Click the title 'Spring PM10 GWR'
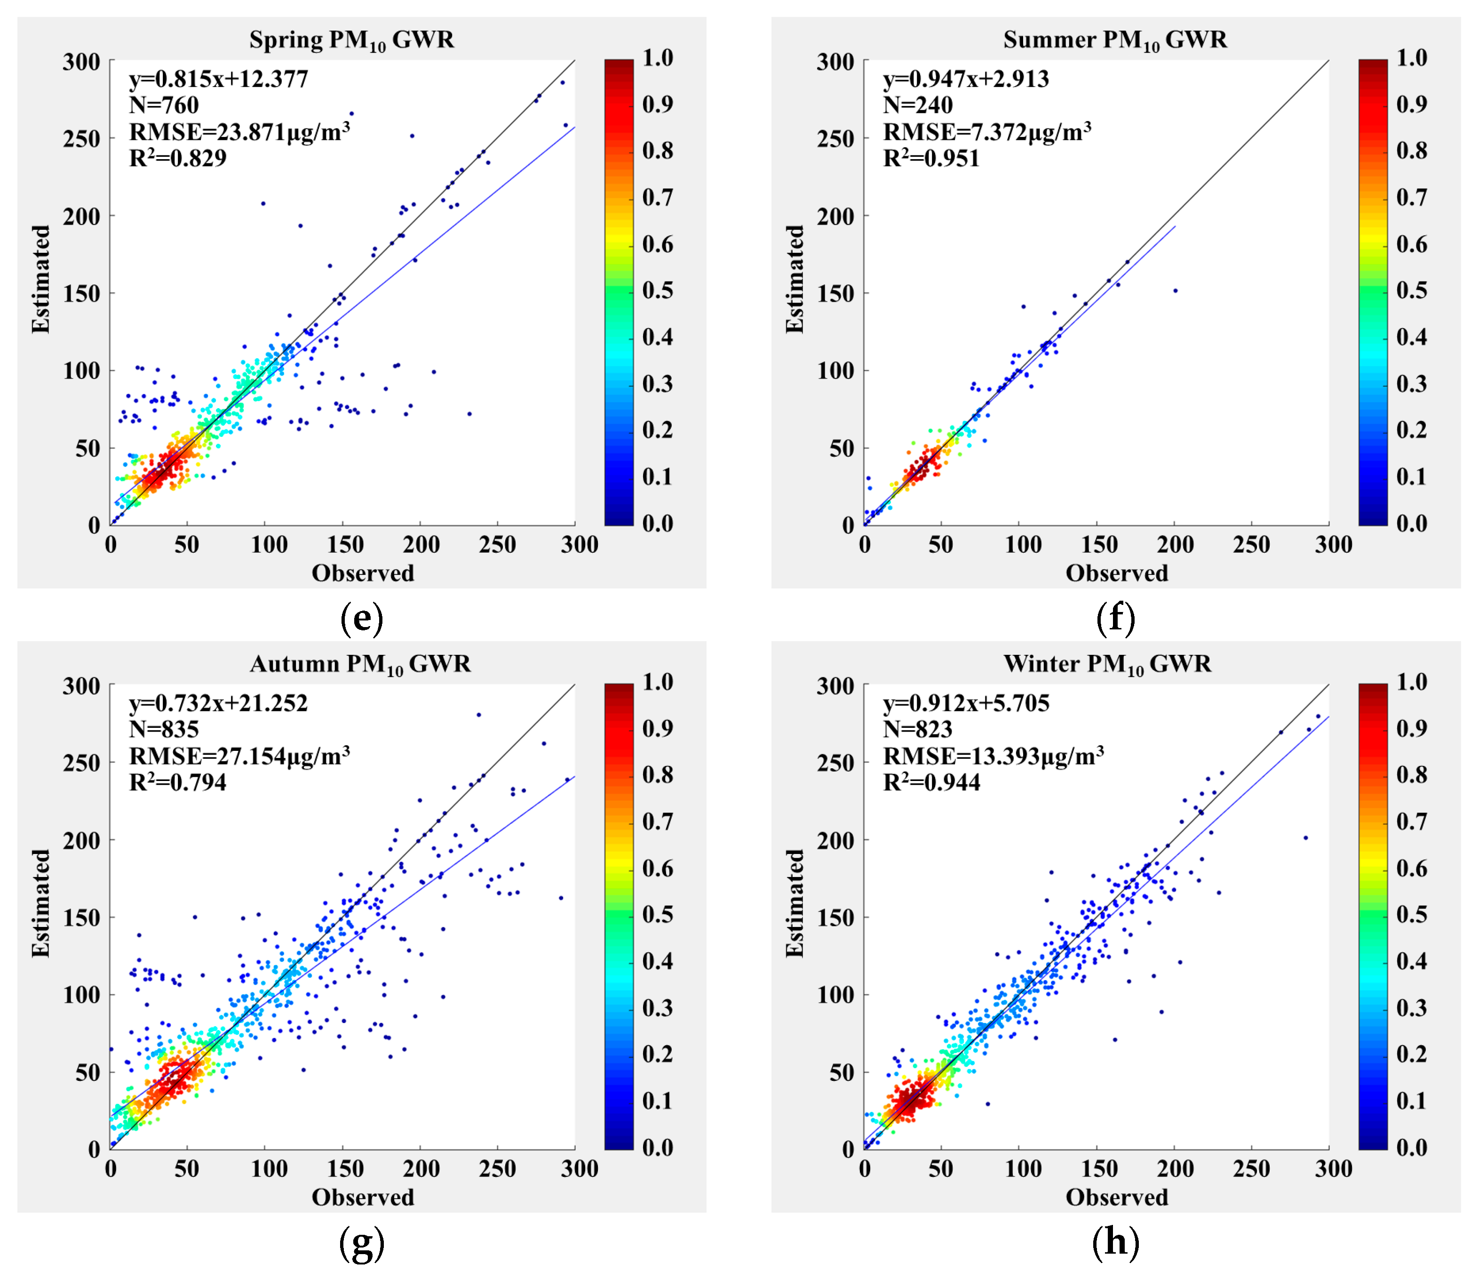tap(352, 40)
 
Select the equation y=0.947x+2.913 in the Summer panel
tap(966, 79)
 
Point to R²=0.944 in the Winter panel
tap(931, 782)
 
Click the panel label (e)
tap(362, 618)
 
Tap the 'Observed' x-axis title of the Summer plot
tap(1116, 573)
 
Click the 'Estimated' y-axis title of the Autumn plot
tap(40, 903)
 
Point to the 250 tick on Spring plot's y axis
tap(81, 138)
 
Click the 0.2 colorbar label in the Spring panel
tap(657, 430)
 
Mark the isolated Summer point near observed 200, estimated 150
tap(1176, 290)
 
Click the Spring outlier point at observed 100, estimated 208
tap(263, 203)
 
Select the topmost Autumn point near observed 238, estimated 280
tap(479, 715)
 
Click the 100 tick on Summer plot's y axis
tap(835, 370)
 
